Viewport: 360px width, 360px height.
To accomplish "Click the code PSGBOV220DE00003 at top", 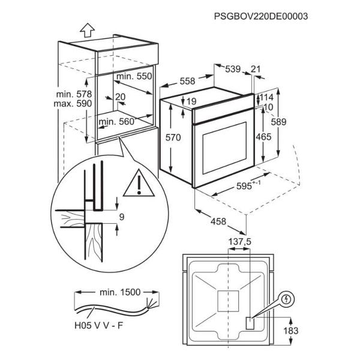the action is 261,16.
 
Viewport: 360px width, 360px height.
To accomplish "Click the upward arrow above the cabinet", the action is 87,31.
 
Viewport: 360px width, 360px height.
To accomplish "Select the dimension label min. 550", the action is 134,76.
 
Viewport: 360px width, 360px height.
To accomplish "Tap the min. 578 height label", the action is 74,94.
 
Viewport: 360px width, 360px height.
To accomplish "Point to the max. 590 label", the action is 73,104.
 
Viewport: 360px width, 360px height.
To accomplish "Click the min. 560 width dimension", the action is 116,121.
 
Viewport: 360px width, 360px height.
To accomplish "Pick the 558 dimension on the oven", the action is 187,81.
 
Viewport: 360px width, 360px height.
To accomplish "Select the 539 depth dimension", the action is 233,69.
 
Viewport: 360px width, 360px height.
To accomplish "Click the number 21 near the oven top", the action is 256,69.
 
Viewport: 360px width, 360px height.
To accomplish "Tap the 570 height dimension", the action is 173,137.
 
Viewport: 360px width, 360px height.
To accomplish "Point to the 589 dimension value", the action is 279,122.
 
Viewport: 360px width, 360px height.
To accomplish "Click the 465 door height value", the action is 263,137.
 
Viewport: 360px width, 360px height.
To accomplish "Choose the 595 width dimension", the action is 248,185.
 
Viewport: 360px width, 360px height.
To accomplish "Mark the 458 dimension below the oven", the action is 218,221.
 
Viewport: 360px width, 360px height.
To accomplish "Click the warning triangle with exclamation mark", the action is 139,183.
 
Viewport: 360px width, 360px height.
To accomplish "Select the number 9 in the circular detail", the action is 122,217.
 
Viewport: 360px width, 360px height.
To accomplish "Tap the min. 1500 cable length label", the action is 120,292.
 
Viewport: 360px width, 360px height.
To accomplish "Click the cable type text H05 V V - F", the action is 99,326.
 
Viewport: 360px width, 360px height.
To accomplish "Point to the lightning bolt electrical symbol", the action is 286,299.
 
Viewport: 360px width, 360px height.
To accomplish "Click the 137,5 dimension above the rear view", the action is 239,242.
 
